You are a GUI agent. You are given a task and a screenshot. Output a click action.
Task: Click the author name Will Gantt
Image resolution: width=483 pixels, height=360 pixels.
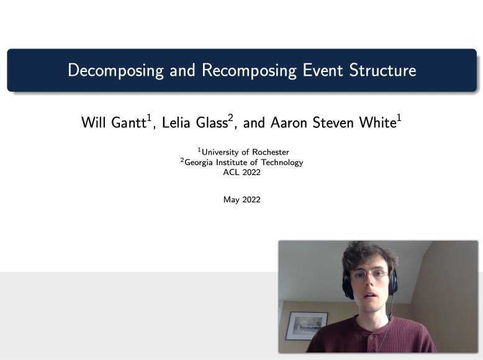[x=114, y=123]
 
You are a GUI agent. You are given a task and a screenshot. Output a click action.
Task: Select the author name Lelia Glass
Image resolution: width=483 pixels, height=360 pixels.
[x=194, y=123]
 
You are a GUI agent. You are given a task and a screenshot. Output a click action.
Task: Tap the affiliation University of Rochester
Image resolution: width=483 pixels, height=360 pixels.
[x=245, y=152]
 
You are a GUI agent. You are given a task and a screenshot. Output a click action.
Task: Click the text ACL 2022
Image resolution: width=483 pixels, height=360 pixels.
[x=241, y=173]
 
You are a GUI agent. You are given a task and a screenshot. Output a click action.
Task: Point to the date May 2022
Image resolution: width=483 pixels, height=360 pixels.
[x=241, y=200]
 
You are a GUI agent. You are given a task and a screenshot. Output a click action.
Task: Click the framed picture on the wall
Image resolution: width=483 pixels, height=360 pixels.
[x=306, y=325]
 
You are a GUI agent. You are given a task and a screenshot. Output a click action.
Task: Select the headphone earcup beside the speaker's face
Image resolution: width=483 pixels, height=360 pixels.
[x=348, y=286]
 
